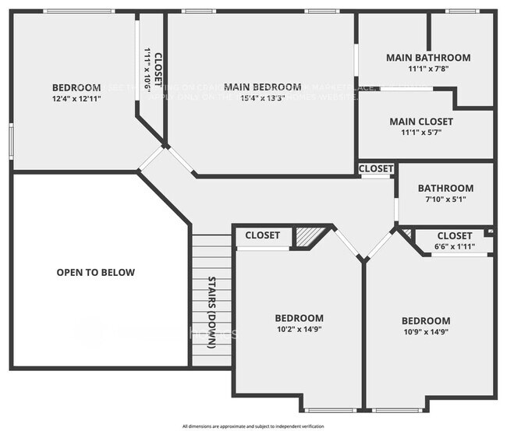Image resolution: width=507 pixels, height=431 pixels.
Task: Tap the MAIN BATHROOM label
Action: (x=428, y=58)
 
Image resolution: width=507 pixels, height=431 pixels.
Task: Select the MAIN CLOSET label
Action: (x=420, y=122)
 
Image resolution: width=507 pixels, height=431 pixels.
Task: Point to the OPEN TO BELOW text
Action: (x=96, y=273)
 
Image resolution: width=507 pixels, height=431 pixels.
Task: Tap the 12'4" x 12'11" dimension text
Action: (x=76, y=98)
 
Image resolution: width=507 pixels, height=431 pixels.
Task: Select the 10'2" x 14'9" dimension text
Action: (x=299, y=330)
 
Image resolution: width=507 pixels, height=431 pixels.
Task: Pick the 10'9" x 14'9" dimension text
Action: (x=426, y=333)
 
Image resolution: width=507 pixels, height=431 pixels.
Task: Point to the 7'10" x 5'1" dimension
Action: (x=445, y=200)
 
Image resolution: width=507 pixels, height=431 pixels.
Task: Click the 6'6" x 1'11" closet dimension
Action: (x=455, y=246)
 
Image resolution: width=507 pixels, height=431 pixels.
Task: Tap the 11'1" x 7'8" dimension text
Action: (x=428, y=69)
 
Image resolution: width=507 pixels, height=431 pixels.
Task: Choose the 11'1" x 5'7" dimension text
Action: (x=420, y=133)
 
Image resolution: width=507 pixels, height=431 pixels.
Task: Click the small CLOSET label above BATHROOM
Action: (x=376, y=169)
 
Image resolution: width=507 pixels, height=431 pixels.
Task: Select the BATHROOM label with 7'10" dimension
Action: (x=445, y=189)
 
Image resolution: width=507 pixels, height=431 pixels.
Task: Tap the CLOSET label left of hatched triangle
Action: (x=262, y=235)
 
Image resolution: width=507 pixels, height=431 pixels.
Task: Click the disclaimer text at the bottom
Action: (x=253, y=426)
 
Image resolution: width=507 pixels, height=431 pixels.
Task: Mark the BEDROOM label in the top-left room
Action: (x=76, y=87)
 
